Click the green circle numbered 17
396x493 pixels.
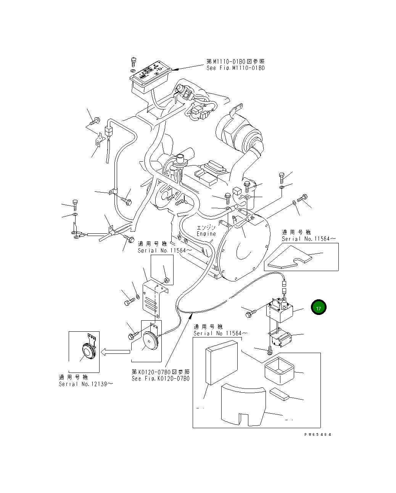(319, 308)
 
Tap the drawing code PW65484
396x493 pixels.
(318, 434)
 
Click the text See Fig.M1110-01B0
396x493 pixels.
(235, 68)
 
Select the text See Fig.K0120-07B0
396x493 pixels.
(160, 379)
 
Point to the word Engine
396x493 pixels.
(206, 234)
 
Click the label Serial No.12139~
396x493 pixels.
(86, 384)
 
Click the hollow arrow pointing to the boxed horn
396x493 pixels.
(116, 352)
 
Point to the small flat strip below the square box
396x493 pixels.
(279, 394)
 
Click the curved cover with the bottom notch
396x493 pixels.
(243, 405)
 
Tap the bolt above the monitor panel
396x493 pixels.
(133, 61)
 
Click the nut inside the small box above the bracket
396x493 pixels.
(166, 281)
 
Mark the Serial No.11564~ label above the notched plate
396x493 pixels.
(309, 239)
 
